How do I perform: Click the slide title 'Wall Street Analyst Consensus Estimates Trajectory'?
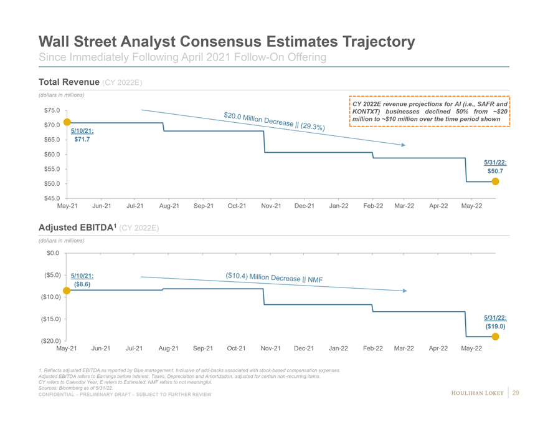227,42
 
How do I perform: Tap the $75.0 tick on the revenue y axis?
52,111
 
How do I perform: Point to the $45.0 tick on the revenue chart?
52,198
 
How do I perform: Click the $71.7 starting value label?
82,140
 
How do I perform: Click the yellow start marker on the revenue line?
66,123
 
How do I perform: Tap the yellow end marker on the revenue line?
495,181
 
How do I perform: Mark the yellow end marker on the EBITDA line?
495,337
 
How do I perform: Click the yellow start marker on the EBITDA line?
66,290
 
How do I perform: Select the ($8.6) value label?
82,284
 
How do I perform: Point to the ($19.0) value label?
494,325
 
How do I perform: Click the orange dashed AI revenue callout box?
430,111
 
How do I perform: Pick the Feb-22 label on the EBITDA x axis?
373,348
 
